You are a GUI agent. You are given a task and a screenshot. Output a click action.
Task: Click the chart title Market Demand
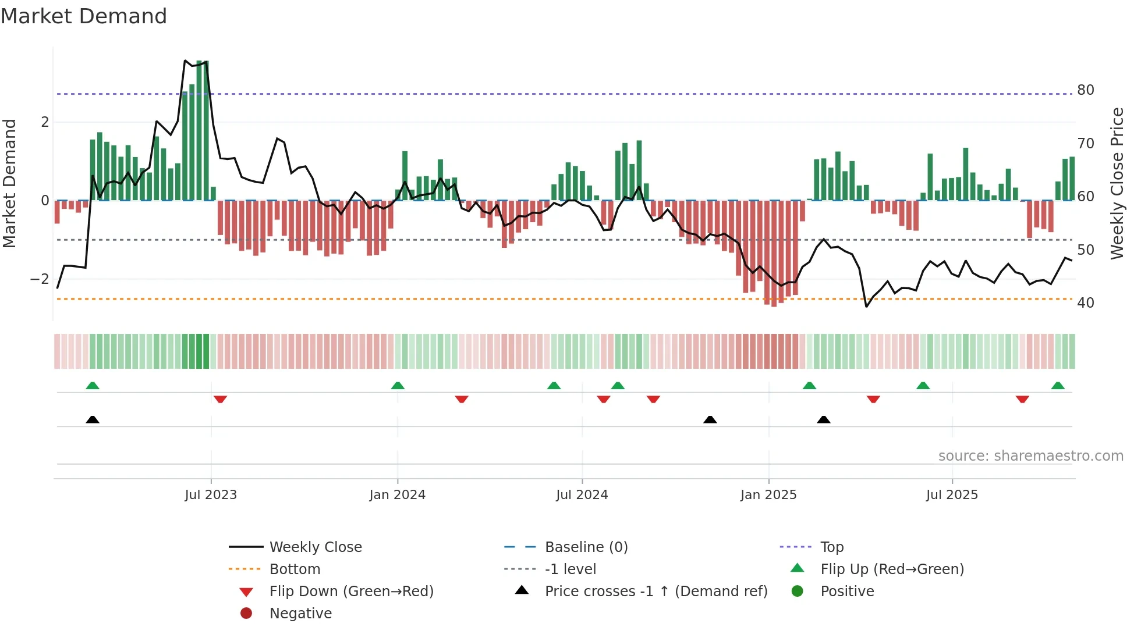[x=84, y=16]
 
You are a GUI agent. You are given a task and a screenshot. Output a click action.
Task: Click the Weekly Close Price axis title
[x=1117, y=183]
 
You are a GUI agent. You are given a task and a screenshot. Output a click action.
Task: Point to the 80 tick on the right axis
[x=1085, y=90]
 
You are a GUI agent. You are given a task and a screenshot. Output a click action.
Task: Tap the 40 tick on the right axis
[x=1085, y=303]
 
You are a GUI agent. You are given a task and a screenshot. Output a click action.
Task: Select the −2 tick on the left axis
[x=40, y=279]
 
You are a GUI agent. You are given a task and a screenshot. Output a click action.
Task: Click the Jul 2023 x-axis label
[x=211, y=495]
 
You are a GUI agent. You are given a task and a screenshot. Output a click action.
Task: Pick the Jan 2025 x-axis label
[x=768, y=495]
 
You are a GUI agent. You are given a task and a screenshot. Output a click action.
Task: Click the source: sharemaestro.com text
[x=1030, y=456]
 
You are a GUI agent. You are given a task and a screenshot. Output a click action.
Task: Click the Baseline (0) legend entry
[x=586, y=547]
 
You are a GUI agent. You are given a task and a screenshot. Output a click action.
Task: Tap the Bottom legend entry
[x=295, y=569]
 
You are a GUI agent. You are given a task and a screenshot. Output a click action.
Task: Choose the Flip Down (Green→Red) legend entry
[x=351, y=592]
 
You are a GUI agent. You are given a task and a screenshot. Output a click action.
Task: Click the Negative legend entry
[x=300, y=614]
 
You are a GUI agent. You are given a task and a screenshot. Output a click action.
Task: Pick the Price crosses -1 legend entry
[x=655, y=592]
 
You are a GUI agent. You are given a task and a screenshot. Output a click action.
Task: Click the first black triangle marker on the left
[x=93, y=419]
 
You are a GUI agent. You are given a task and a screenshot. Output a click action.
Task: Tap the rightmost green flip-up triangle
[x=1058, y=386]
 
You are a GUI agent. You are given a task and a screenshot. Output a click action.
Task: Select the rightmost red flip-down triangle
[x=1022, y=399]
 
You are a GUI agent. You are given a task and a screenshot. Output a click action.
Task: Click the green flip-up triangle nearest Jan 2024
[x=398, y=386]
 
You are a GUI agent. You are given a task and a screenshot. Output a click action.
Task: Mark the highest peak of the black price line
[x=185, y=60]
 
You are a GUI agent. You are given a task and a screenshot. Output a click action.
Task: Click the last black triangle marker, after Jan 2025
[x=823, y=419]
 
